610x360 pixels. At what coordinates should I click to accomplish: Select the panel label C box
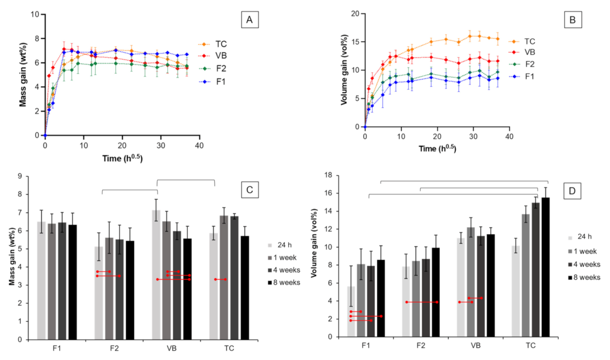249,190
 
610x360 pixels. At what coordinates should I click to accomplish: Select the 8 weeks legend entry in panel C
285,282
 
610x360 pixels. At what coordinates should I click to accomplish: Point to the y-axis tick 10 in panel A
36,14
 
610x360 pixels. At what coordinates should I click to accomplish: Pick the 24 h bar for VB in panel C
157,274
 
